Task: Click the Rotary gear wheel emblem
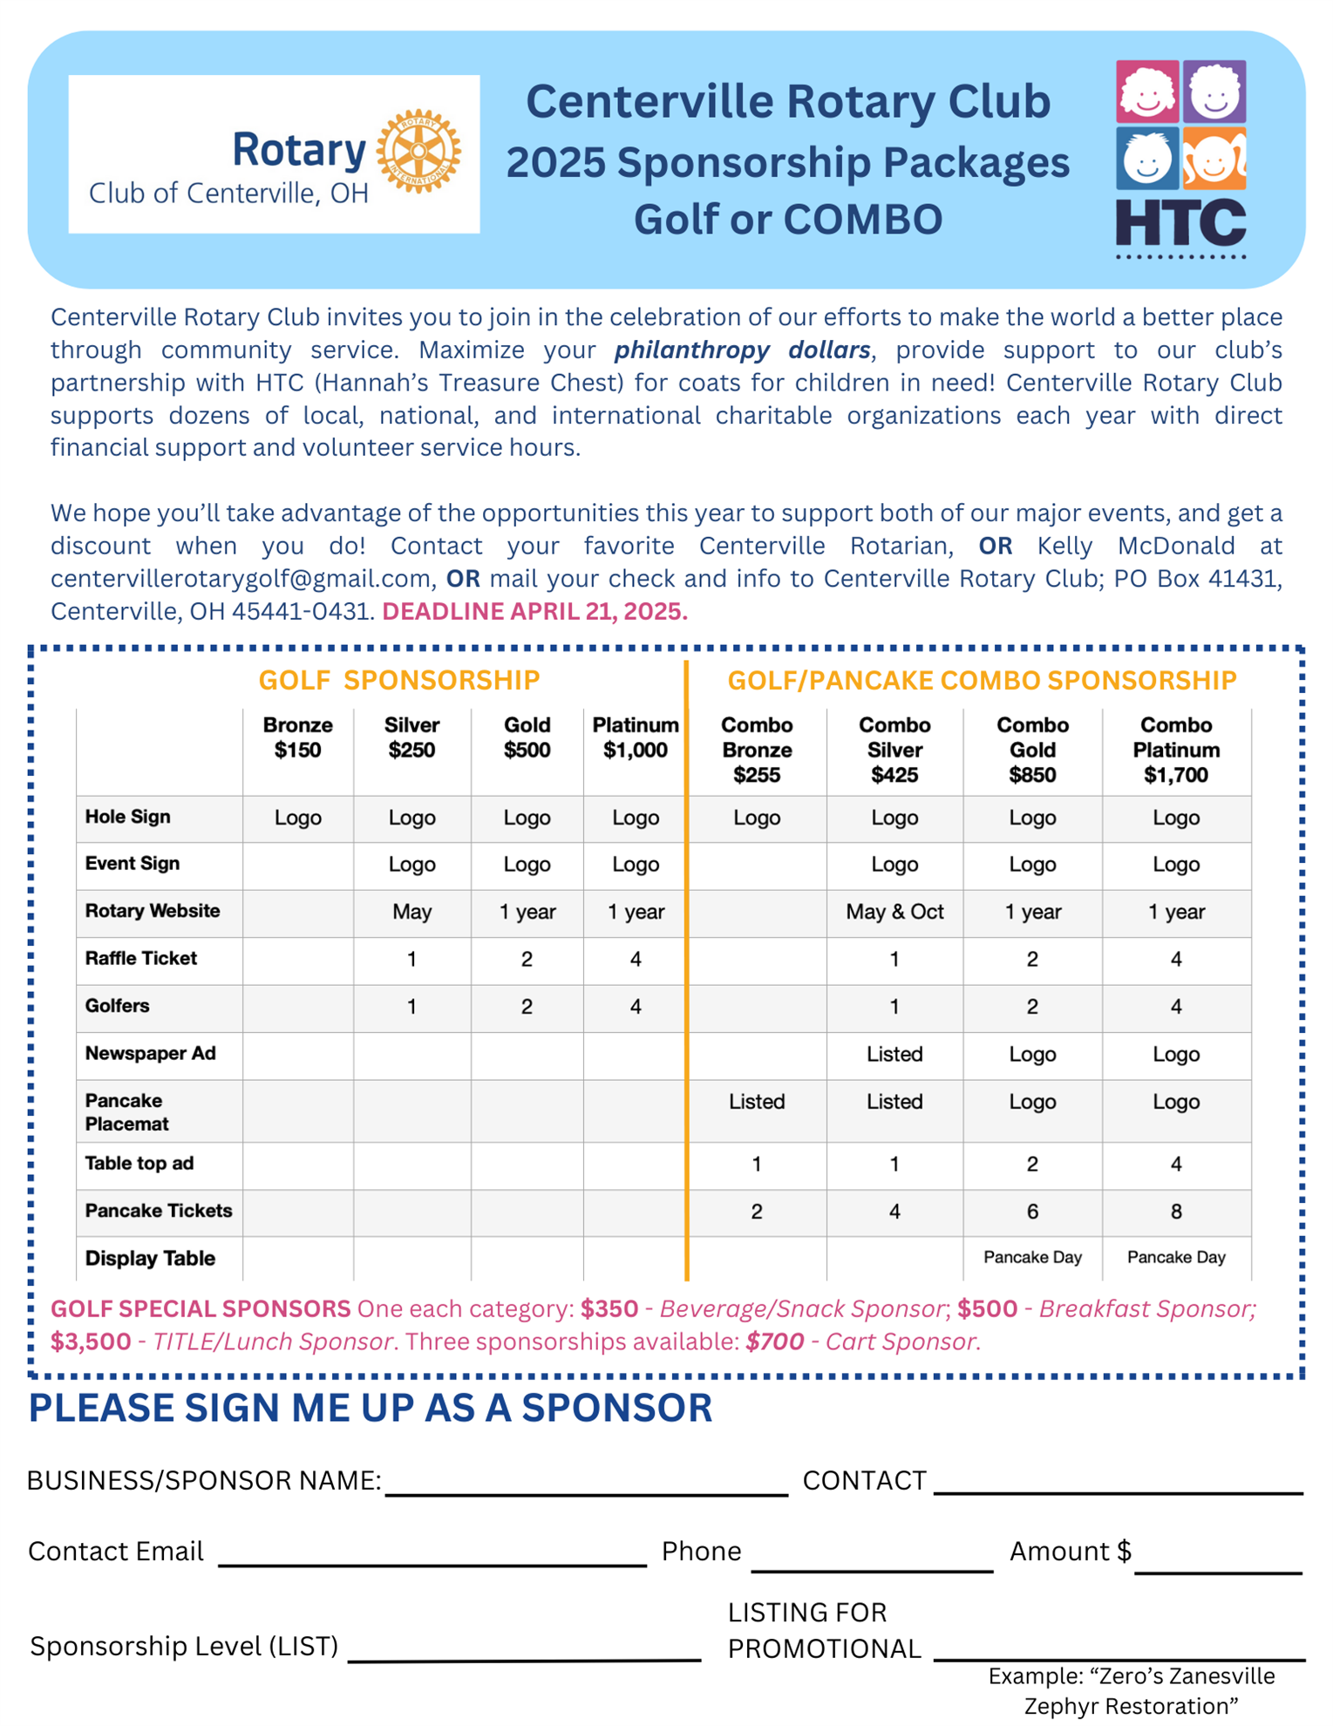pyautogui.click(x=418, y=151)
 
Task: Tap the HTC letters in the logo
pyautogui.click(x=1180, y=223)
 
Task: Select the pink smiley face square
pyautogui.click(x=1147, y=92)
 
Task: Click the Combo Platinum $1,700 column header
pyautogui.click(x=1175, y=750)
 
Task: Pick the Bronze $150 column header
pyautogui.click(x=297, y=737)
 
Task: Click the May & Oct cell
pyautogui.click(x=894, y=912)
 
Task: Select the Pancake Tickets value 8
pyautogui.click(x=1175, y=1211)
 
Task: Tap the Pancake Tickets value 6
pyautogui.click(x=1032, y=1211)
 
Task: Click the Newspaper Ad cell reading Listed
pyautogui.click(x=894, y=1054)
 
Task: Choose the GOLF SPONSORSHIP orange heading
pyautogui.click(x=398, y=680)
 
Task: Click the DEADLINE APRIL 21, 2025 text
pyautogui.click(x=534, y=611)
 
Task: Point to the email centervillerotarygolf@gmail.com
pyautogui.click(x=241, y=579)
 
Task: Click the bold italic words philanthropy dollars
pyautogui.click(x=742, y=350)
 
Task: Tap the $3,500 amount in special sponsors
pyautogui.click(x=90, y=1341)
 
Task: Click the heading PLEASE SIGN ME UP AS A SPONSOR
pyautogui.click(x=371, y=1409)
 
